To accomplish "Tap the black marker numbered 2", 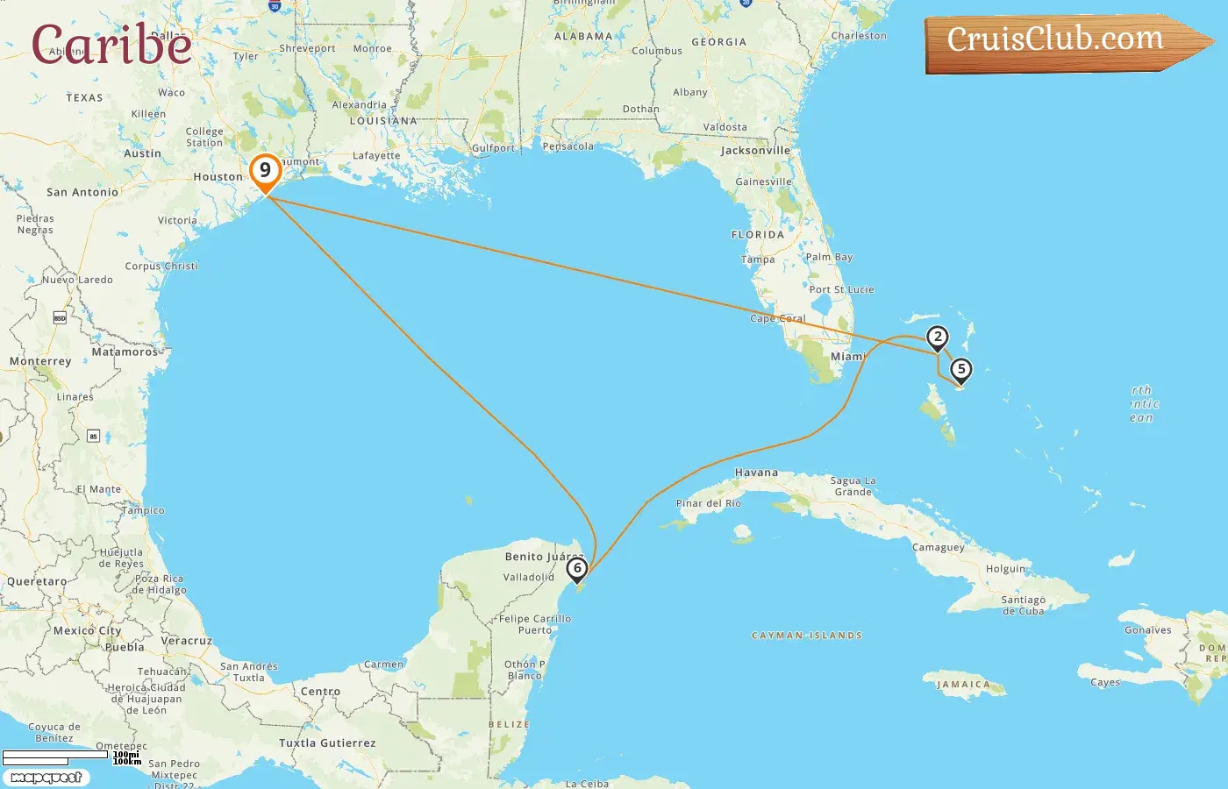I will [938, 338].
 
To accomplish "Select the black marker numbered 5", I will [961, 370].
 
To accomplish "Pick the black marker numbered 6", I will [577, 569].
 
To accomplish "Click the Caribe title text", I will [111, 44].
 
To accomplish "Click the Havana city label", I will [756, 473].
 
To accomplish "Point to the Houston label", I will [218, 177].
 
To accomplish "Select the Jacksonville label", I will [755, 151].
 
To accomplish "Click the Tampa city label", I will [758, 259].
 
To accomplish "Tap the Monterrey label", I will [40, 361].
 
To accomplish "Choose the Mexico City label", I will [87, 630].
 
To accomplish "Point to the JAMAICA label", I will [963, 685].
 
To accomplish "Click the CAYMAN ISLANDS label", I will [807, 636].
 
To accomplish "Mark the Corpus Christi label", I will [161, 266].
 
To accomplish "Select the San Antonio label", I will [82, 192].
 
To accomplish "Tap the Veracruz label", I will [187, 641].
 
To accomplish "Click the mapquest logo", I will [46, 778].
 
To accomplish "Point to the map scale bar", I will [56, 755].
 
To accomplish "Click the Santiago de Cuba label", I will [1023, 606].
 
